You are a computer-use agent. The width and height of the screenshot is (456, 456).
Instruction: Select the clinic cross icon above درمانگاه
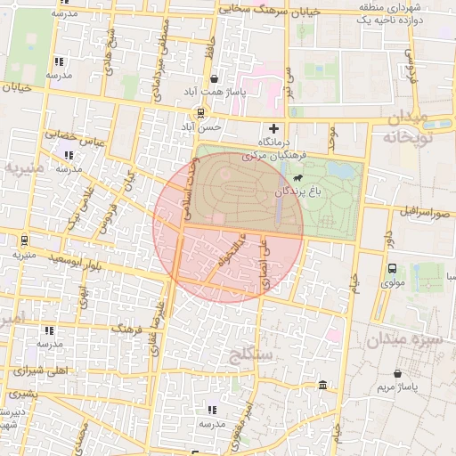tap(274, 129)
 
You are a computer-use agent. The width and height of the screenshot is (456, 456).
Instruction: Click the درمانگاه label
tap(274, 142)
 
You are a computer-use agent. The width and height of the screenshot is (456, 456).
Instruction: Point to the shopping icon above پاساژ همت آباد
tap(214, 79)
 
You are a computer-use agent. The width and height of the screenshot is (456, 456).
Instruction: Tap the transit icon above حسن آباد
tap(201, 113)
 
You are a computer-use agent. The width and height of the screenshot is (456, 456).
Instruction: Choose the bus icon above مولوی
tap(393, 268)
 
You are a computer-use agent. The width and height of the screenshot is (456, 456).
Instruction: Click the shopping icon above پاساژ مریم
tap(396, 373)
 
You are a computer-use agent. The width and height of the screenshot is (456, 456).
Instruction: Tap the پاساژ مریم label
tap(396, 387)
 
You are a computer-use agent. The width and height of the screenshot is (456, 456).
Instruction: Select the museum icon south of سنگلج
tap(322, 385)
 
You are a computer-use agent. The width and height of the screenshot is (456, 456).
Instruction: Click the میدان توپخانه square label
tap(407, 128)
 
